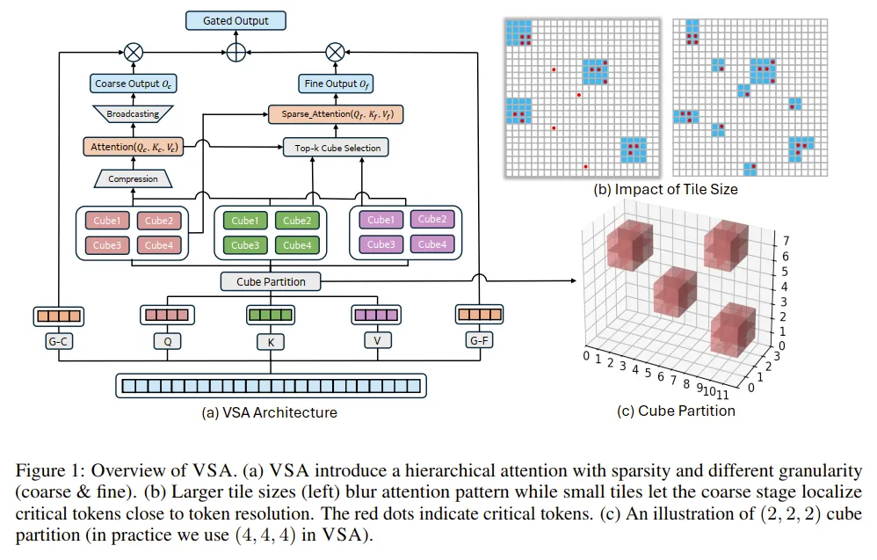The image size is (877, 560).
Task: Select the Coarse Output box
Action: point(133,84)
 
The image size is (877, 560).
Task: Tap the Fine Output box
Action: point(335,84)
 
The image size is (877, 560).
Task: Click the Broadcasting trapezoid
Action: point(133,114)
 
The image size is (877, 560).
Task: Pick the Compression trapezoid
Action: point(133,179)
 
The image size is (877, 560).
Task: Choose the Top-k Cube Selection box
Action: point(335,148)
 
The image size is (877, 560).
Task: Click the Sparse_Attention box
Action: point(335,114)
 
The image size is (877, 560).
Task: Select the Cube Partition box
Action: point(271,282)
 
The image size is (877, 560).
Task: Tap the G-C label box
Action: point(57,338)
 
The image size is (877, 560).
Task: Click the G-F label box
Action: point(478,338)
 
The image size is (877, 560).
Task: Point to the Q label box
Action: point(166,338)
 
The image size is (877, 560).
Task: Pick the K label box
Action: point(271,339)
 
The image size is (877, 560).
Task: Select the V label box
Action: point(375,338)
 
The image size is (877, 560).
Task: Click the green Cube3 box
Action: point(245,245)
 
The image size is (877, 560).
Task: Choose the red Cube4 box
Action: point(158,245)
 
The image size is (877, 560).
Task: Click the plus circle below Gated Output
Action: point(236,52)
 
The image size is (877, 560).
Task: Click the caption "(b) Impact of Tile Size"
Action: point(665,189)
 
